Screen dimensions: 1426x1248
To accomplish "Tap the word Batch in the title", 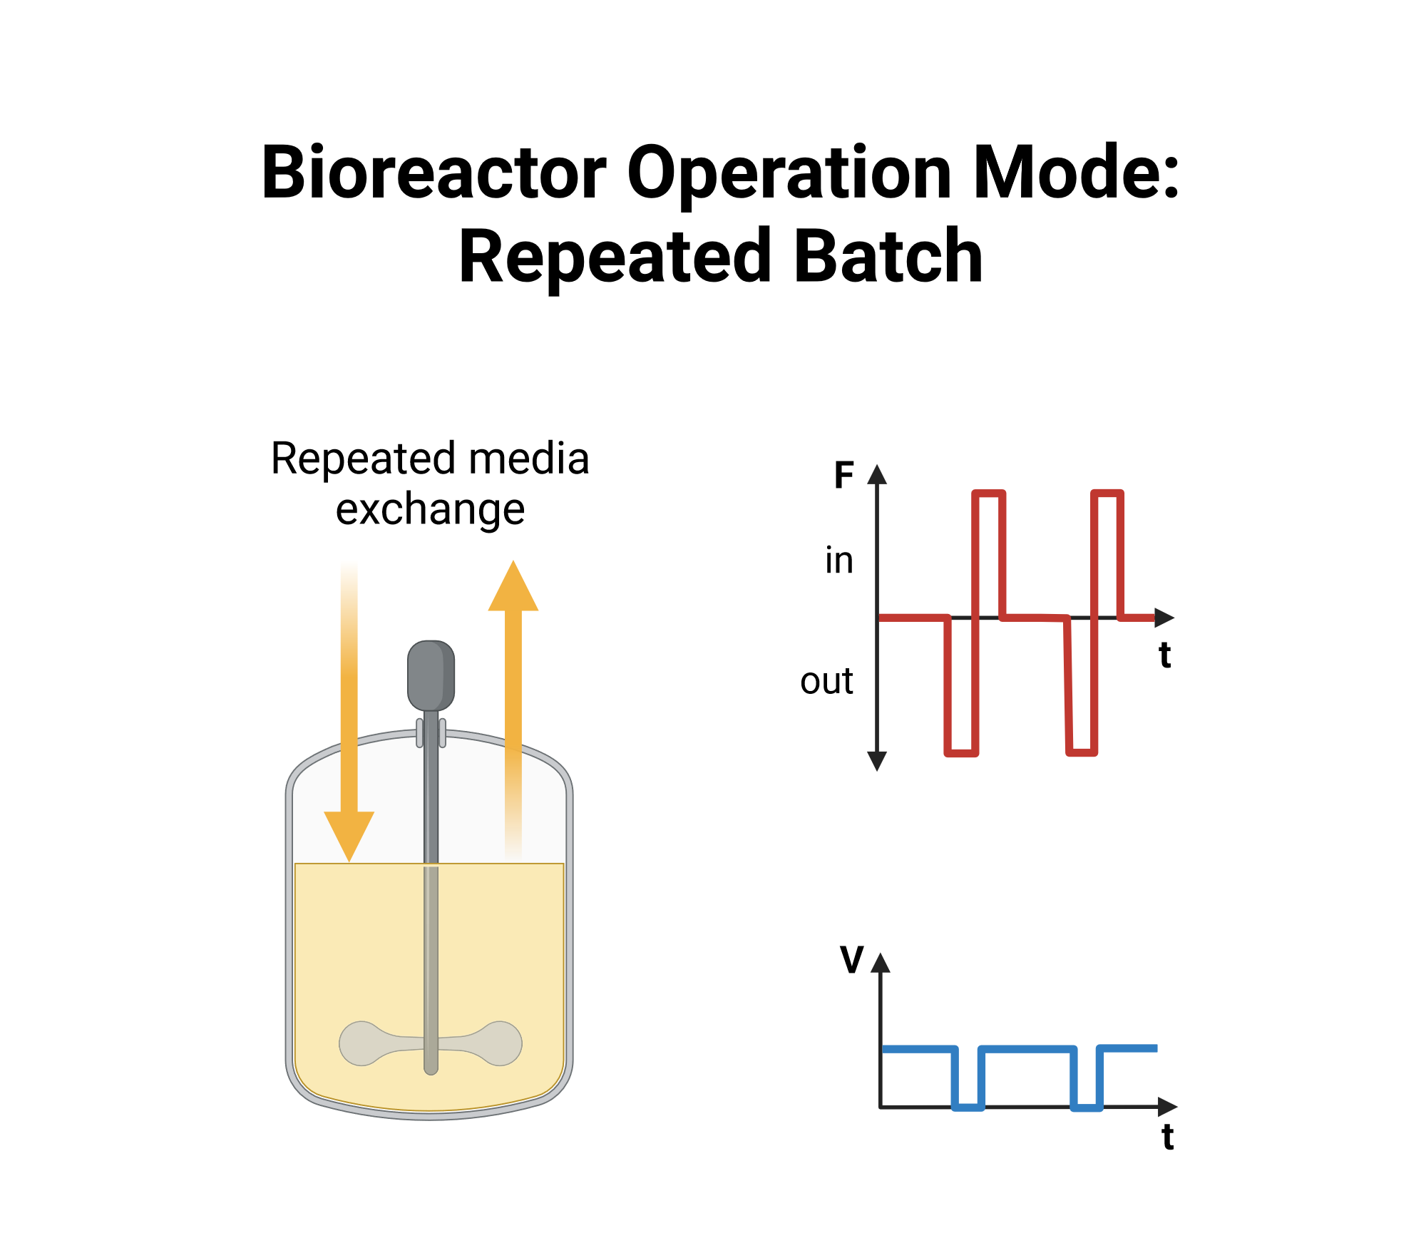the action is click(x=888, y=256).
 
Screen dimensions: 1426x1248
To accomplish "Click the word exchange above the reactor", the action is click(x=430, y=509).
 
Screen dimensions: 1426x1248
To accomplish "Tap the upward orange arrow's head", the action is click(x=513, y=585).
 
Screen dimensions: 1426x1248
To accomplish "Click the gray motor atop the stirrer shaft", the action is click(x=431, y=675).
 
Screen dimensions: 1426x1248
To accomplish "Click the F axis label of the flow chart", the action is click(x=843, y=475).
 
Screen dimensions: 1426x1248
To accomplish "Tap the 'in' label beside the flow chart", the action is click(x=839, y=561).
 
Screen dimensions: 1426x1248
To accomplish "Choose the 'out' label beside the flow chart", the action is click(x=826, y=681).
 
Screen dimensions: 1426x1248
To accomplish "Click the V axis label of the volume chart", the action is click(x=852, y=959).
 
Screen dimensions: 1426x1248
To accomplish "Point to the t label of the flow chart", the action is click(x=1165, y=655).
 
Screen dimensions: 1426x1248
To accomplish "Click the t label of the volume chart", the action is click(x=1168, y=1137).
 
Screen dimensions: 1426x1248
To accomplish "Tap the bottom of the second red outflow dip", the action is click(x=1082, y=752).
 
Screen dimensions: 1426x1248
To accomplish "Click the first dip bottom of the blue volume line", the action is click(x=968, y=1107).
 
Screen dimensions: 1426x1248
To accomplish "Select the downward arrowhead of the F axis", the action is click(x=877, y=762).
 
